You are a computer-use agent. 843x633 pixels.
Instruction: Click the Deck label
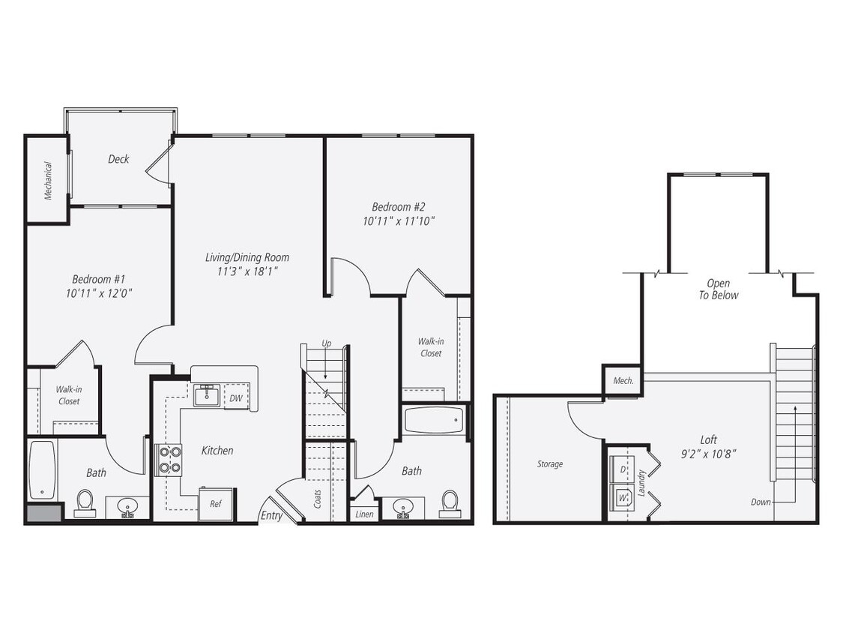tap(118, 159)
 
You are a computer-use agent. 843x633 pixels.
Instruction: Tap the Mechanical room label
tap(48, 181)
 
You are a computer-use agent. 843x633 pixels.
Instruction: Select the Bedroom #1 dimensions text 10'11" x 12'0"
tap(100, 292)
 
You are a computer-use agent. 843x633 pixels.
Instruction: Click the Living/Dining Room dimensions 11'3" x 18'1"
tap(247, 271)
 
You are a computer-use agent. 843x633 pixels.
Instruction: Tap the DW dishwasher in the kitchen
tap(235, 397)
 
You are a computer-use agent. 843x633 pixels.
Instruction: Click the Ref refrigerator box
tap(215, 504)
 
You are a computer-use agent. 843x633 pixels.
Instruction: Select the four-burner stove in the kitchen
tap(169, 460)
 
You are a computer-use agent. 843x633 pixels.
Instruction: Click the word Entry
tap(271, 516)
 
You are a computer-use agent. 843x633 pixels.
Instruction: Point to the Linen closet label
tap(364, 514)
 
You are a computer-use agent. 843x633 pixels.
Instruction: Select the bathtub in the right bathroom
tap(435, 420)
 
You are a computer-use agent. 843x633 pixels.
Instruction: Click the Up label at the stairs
tap(326, 343)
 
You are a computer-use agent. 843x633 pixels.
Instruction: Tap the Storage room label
tap(549, 464)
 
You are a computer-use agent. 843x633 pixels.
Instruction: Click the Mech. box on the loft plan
tap(623, 380)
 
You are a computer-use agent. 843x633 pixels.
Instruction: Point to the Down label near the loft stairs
tap(761, 502)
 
